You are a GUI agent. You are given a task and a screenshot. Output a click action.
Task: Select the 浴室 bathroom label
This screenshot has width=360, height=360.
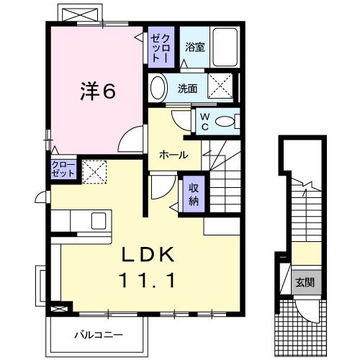coord(194,48)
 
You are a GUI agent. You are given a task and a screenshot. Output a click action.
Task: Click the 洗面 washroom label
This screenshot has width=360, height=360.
coord(189,89)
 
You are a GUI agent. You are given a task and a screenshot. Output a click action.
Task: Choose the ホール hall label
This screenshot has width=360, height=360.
coord(174,155)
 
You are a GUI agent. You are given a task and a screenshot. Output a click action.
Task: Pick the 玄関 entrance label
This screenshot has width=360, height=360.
coord(303,282)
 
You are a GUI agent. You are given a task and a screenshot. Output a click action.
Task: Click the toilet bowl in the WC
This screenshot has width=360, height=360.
coord(228,122)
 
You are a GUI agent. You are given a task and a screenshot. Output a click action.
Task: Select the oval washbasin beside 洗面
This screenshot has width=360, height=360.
coord(157,89)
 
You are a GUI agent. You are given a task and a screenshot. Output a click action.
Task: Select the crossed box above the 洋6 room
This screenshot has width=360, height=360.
coord(79,14)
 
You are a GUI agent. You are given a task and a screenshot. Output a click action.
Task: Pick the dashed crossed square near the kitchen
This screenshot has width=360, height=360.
coord(94,171)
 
